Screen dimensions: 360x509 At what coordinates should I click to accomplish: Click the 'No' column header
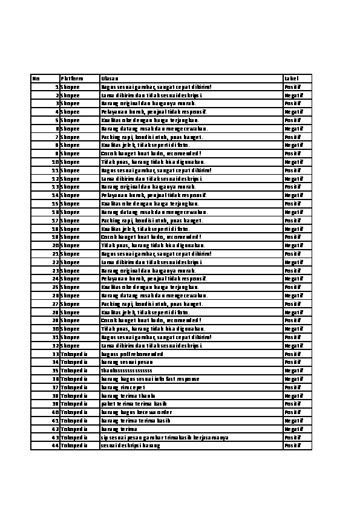point(36,79)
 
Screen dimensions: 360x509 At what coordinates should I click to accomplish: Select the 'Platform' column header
point(71,79)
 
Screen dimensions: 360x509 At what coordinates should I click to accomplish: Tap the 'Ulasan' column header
point(110,79)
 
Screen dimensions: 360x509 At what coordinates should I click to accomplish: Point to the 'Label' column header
point(292,79)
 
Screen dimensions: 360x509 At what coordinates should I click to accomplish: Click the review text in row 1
point(156,87)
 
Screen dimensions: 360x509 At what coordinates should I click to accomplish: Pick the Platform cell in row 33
point(74,354)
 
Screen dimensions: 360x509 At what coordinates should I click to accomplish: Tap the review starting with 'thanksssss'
point(126,370)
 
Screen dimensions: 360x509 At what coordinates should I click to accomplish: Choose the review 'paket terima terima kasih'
point(134,403)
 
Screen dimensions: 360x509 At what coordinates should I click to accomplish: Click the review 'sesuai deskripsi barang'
point(131,446)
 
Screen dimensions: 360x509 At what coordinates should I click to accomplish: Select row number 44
point(55,446)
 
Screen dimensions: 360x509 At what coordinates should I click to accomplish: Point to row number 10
point(55,162)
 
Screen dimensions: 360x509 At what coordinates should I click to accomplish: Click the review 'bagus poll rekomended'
point(132,354)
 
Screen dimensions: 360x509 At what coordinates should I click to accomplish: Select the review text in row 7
point(152,137)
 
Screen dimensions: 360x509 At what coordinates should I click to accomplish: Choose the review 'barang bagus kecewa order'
point(137,412)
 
